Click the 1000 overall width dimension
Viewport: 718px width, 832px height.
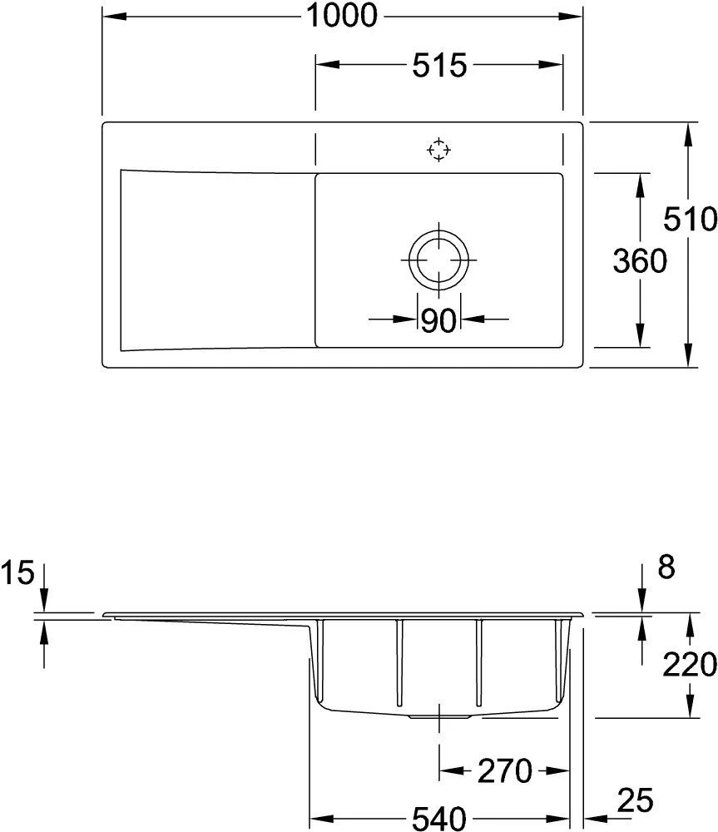342,15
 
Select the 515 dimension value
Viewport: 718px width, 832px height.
438,66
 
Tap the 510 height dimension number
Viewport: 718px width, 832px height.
690,219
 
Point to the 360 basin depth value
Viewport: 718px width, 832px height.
640,260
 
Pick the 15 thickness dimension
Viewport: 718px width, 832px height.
16,572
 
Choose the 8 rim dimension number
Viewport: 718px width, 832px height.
665,568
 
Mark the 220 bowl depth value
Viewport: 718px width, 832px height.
690,664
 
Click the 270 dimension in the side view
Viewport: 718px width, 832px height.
504,771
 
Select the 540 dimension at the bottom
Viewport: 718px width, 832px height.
438,820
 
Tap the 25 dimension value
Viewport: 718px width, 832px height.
636,801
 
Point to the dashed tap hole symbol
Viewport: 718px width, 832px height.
438,150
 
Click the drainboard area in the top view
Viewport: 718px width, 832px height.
216,259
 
